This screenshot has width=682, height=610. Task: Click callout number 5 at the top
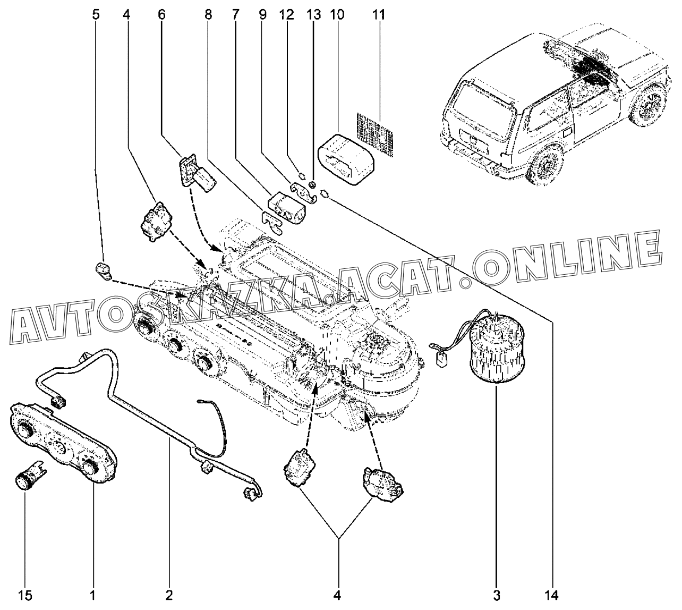point(96,14)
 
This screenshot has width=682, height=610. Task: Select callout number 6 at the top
point(161,14)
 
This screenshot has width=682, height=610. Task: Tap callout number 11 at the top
point(378,14)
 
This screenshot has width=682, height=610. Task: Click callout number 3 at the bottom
point(497,595)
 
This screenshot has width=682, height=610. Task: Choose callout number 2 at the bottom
point(169,595)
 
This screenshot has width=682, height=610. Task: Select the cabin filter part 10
point(345,159)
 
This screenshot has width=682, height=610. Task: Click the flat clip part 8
point(272,220)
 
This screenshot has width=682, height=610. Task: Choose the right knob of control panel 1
point(90,466)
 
